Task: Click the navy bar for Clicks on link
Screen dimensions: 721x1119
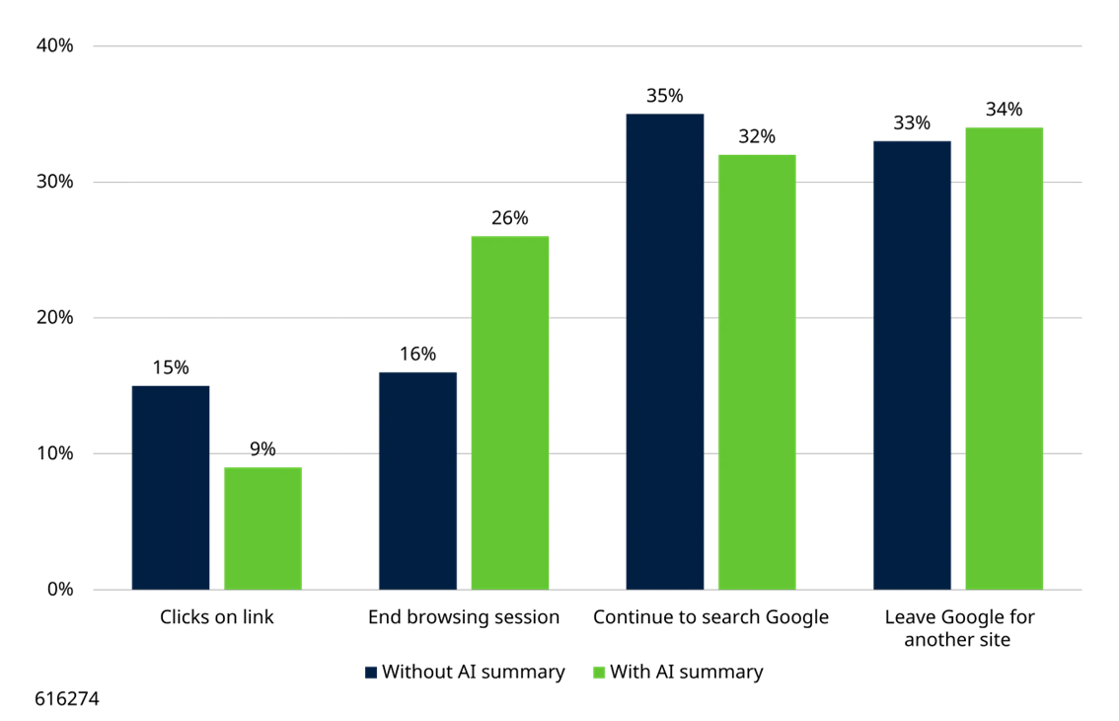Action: [171, 487]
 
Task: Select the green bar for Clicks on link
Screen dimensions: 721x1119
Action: [262, 528]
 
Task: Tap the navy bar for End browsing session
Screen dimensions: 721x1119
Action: [418, 480]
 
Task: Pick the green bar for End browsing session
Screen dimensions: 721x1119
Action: [510, 413]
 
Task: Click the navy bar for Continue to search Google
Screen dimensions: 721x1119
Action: [665, 352]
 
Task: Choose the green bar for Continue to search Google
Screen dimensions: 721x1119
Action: [757, 371]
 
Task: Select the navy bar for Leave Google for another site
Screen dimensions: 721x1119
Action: [912, 365]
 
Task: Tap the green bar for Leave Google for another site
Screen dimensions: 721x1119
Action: [1004, 359]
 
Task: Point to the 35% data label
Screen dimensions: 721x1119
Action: [665, 96]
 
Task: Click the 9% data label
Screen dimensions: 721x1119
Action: [262, 449]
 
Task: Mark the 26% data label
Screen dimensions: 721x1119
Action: [510, 218]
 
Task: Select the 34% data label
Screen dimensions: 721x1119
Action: [1004, 110]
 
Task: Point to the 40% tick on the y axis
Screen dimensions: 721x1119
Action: [55, 46]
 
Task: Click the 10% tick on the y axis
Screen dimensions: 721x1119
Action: [55, 454]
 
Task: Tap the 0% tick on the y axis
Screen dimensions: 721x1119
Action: [60, 590]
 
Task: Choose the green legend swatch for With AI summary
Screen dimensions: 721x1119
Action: [598, 673]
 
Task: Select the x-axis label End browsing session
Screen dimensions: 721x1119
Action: [464, 617]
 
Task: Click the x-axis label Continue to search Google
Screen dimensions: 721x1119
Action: [710, 617]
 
